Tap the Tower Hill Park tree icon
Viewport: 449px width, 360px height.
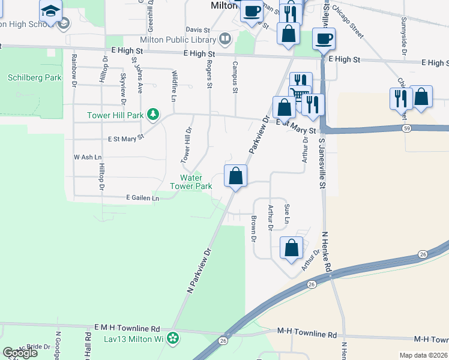click(x=154, y=113)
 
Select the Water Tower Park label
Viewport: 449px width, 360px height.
click(x=196, y=182)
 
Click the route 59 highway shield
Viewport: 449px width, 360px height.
click(x=407, y=128)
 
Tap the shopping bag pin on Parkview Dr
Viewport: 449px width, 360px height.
click(x=235, y=176)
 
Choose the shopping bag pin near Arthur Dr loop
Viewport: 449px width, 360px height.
click(x=291, y=247)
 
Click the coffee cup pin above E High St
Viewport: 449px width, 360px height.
click(x=324, y=39)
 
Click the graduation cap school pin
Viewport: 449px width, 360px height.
click(x=50, y=11)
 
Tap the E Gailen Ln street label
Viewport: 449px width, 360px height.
click(x=142, y=197)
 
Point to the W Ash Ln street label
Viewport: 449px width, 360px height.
click(x=84, y=157)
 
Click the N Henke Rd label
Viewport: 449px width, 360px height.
click(x=327, y=252)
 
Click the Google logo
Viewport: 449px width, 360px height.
click(x=20, y=352)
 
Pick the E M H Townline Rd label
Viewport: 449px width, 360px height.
click(x=127, y=329)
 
